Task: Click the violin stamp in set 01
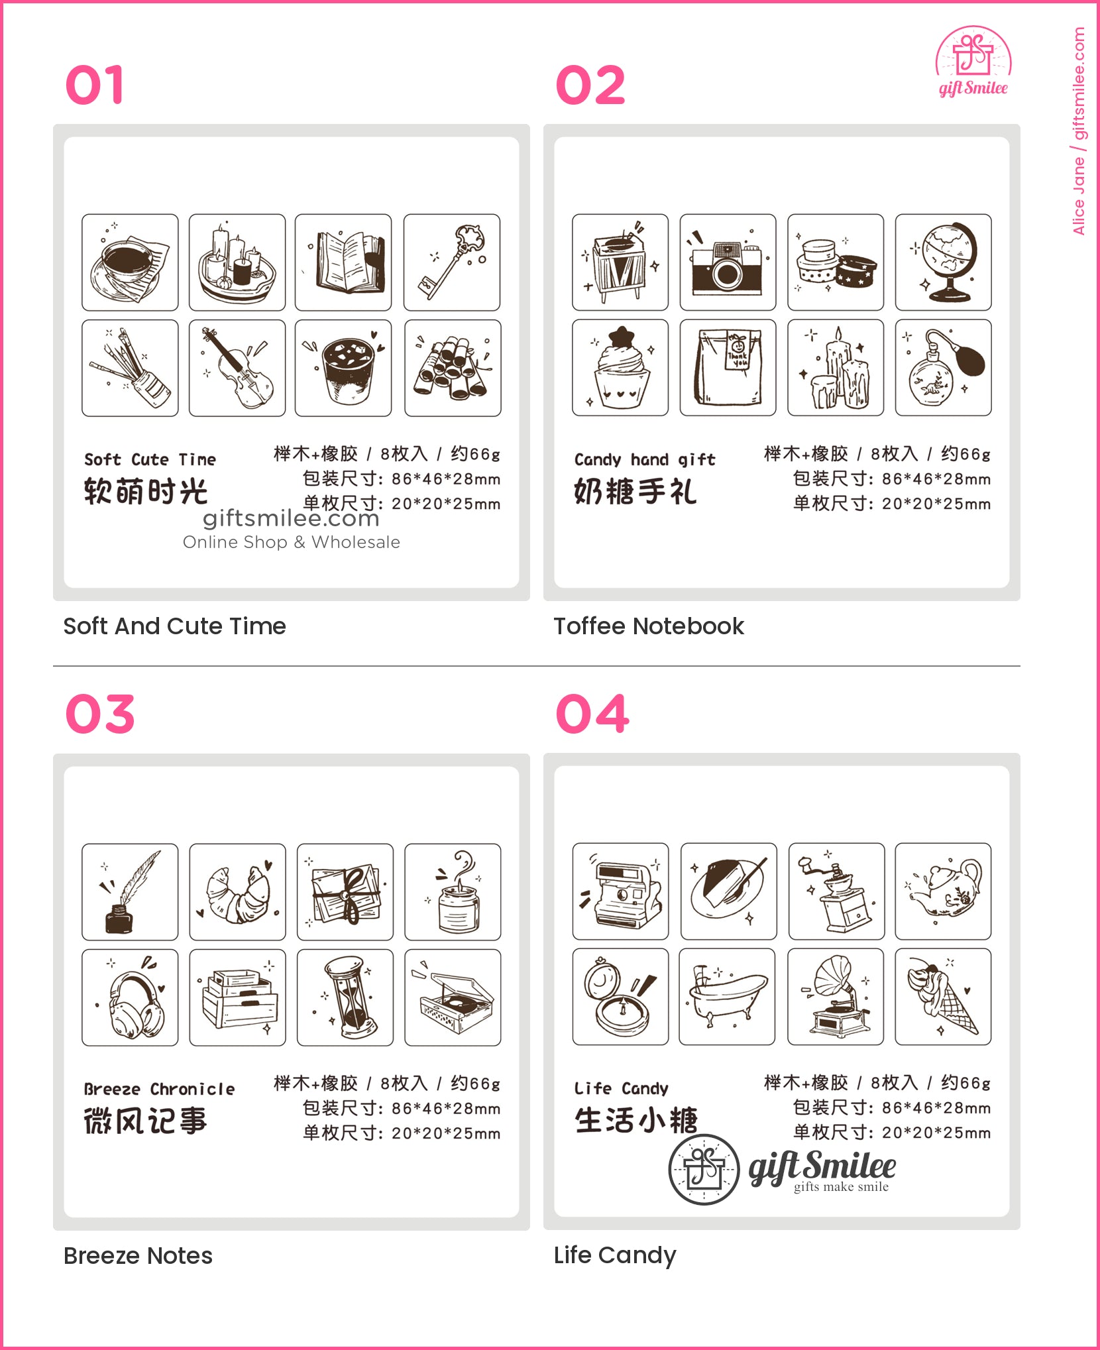click(237, 368)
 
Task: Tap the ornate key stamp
click(452, 262)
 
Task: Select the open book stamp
click(343, 262)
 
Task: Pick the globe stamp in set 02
click(944, 262)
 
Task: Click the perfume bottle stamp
click(944, 368)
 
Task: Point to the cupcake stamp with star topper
click(620, 368)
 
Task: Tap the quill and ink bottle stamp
click(130, 892)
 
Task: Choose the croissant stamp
click(237, 892)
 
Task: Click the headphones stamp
click(130, 997)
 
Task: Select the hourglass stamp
click(345, 997)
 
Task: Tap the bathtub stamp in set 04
click(727, 997)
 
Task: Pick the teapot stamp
click(944, 891)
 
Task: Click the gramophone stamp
click(836, 997)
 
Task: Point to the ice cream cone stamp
click(944, 997)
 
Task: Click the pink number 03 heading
click(100, 714)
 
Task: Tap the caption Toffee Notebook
click(649, 626)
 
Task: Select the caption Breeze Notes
click(138, 1256)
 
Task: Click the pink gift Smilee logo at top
click(973, 62)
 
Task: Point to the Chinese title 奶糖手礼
click(635, 492)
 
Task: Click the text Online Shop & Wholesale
click(292, 542)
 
